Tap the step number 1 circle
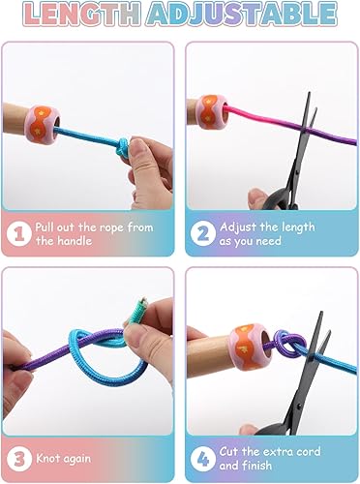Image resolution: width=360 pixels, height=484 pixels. click(18, 233)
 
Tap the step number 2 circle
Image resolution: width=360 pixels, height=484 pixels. click(201, 233)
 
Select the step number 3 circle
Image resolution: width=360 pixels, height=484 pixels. click(18, 459)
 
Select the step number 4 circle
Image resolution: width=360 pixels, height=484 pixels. click(201, 459)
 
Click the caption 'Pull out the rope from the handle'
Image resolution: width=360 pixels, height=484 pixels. click(94, 233)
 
